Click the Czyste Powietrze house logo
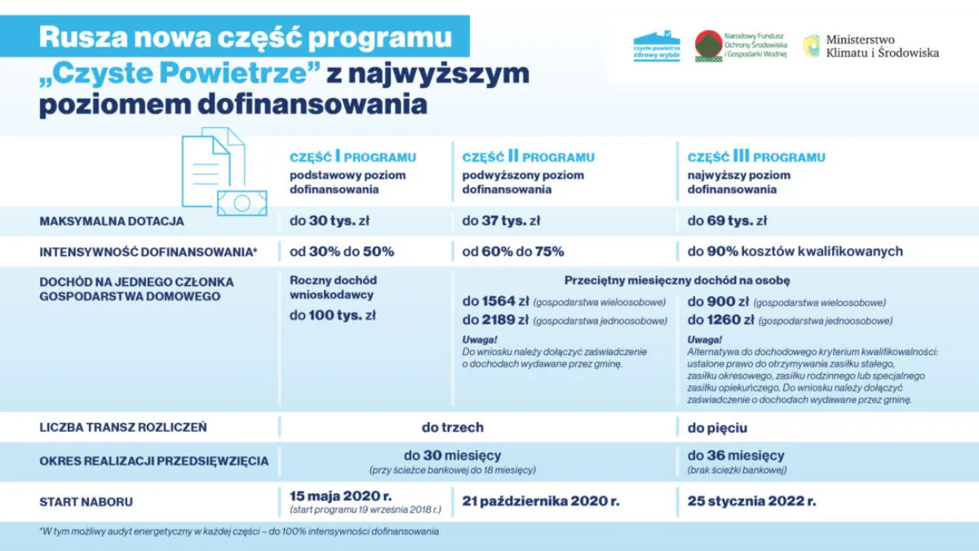657,46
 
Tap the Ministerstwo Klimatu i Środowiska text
882,46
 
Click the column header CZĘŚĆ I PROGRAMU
352,157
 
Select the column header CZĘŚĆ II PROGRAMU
528,157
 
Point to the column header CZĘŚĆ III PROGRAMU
756,157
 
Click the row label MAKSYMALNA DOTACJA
112,221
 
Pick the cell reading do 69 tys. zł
727,220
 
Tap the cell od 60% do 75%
512,251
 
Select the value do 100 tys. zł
333,315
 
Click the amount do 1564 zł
495,301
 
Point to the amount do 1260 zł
720,320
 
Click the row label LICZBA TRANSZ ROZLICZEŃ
123,427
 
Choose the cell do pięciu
717,427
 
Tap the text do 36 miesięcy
736,455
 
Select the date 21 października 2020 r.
540,500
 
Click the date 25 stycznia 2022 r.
751,500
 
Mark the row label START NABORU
86,501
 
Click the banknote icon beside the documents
242,202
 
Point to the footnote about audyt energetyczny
239,531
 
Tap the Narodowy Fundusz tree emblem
708,46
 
